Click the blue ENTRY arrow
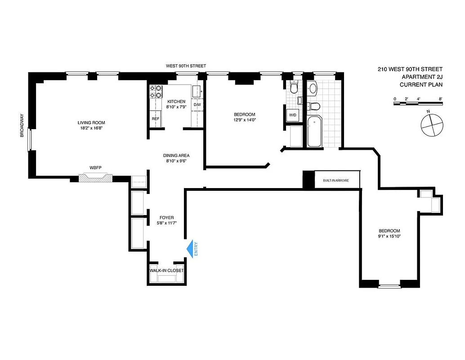pyautogui.click(x=192, y=249)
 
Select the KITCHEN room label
pyautogui.click(x=176, y=102)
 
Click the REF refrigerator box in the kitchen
pyautogui.click(x=155, y=119)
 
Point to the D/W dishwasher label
pyautogui.click(x=197, y=105)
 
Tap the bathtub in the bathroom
pyautogui.click(x=314, y=131)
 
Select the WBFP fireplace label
pyautogui.click(x=95, y=168)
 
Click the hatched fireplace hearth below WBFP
pyautogui.click(x=95, y=178)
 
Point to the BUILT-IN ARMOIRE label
pyautogui.click(x=335, y=181)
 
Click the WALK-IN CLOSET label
pyautogui.click(x=167, y=270)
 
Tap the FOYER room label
pyautogui.click(x=166, y=218)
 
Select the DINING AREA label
pyautogui.click(x=176, y=156)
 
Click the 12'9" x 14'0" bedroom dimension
pyautogui.click(x=244, y=120)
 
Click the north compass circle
pyautogui.click(x=431, y=124)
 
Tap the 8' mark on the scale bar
pyautogui.click(x=441, y=99)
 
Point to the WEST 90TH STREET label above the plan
pyautogui.click(x=186, y=66)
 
